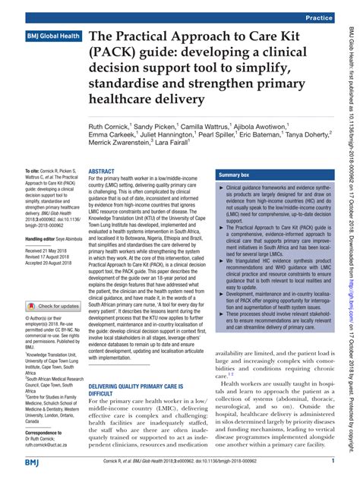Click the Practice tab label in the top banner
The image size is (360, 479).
322,16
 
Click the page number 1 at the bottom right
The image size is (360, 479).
333,462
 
